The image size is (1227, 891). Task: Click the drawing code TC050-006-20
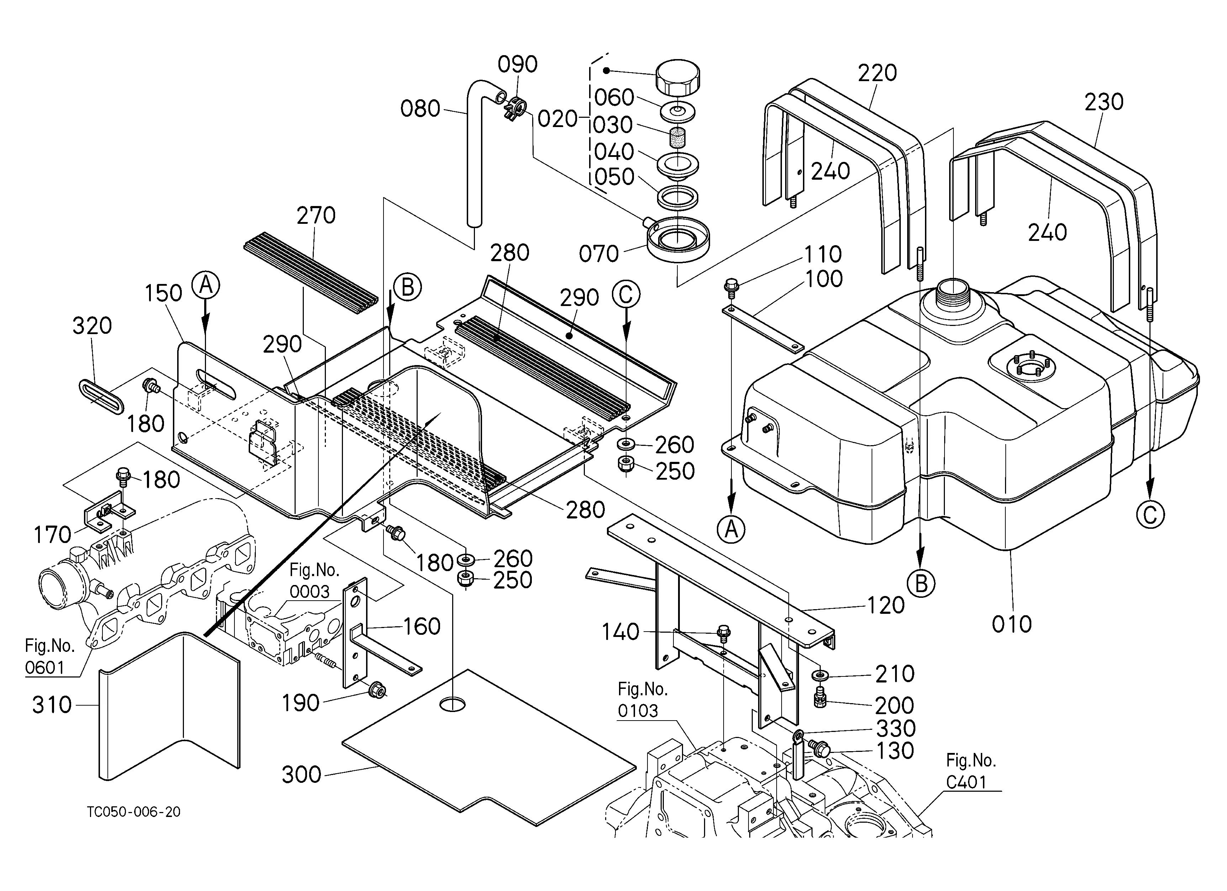point(134,812)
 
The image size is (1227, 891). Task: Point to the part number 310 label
point(52,705)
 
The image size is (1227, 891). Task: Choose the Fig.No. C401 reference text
point(971,771)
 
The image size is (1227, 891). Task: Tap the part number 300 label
point(301,775)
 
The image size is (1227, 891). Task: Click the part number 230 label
point(1104,102)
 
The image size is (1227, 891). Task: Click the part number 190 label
point(301,703)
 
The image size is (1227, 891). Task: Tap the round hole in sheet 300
point(452,704)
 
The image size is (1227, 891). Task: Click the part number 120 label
point(885,605)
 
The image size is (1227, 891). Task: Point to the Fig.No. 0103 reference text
point(643,700)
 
